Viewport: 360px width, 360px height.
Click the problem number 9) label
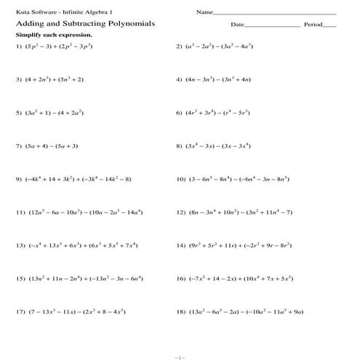point(19,179)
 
